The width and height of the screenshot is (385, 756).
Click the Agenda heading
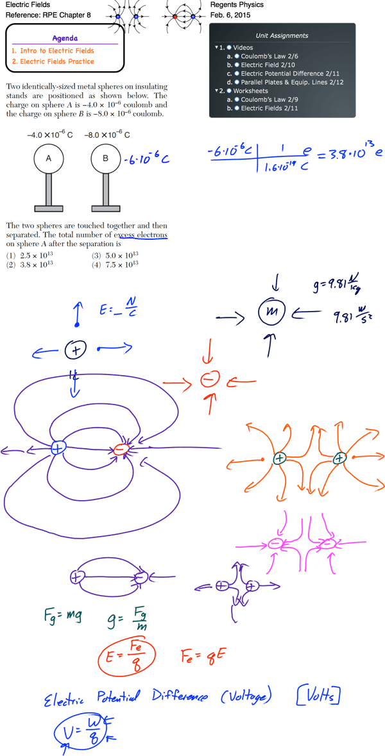pyautogui.click(x=64, y=38)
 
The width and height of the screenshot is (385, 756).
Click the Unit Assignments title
pyautogui.click(x=282, y=36)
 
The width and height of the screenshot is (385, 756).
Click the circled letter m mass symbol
pyautogui.click(x=268, y=313)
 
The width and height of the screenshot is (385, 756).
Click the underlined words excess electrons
pyautogui.click(x=141, y=235)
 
